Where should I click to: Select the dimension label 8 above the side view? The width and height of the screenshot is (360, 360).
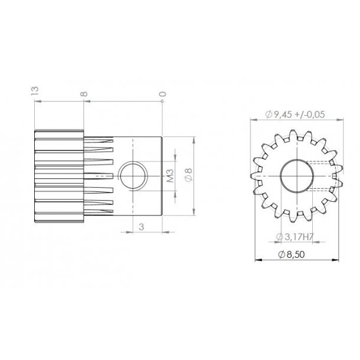[85, 94]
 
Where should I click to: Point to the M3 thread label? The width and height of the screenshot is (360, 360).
[169, 176]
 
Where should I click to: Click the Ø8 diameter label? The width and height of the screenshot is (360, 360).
[187, 175]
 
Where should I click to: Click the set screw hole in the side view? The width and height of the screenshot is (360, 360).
[134, 176]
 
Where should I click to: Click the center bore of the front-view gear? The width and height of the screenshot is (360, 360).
[294, 175]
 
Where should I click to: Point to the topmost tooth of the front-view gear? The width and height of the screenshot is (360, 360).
[295, 135]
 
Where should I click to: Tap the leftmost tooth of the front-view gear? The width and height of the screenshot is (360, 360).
[256, 175]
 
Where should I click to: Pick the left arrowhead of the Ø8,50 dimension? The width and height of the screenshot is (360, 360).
[257, 260]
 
